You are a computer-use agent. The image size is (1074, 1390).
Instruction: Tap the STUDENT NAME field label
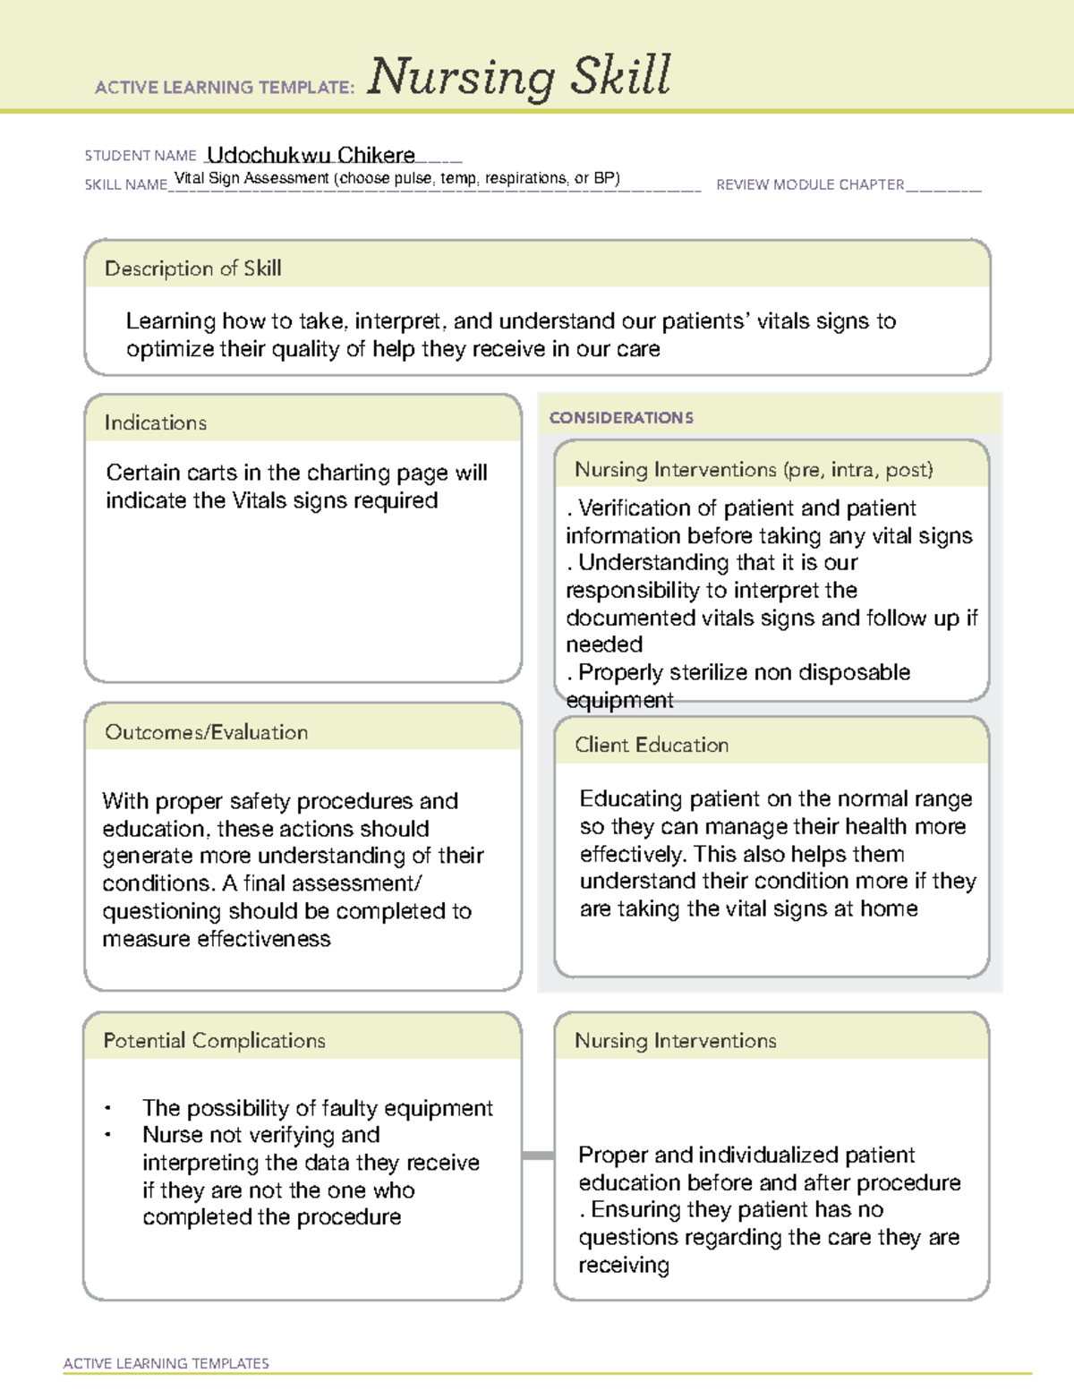141,156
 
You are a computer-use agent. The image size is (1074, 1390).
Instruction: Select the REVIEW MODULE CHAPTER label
810,184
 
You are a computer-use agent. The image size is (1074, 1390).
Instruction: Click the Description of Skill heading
192,269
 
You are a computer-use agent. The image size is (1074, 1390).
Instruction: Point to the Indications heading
155,422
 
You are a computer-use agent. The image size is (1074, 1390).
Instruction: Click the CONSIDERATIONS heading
621,418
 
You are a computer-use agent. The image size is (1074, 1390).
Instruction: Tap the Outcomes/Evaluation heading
206,732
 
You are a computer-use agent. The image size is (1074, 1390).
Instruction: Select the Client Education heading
652,745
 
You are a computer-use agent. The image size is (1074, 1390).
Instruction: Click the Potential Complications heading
214,1041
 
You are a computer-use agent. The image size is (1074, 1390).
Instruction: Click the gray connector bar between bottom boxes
538,1155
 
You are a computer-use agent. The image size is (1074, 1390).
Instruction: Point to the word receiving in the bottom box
623,1266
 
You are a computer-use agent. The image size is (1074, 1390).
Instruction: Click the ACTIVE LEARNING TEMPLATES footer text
166,1363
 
